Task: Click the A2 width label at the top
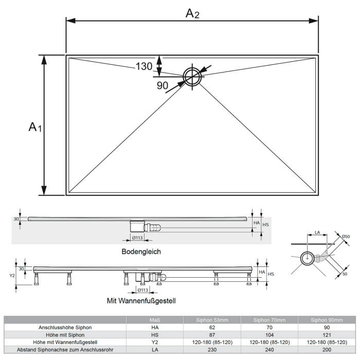[192, 13]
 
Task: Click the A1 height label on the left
[34, 126]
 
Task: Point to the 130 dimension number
[144, 66]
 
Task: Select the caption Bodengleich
[141, 251]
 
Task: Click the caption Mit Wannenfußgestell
[141, 300]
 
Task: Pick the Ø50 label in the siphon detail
[346, 237]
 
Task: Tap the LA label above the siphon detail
[317, 232]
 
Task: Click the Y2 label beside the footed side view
[13, 275]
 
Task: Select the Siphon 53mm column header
[212, 320]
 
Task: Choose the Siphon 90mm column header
[327, 320]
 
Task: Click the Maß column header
[155, 320]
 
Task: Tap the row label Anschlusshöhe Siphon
[65, 327]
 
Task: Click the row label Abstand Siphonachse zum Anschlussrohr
[65, 349]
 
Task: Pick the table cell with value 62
[212, 327]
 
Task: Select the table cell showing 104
[269, 334]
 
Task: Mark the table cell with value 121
[327, 334]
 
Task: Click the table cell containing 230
[212, 349]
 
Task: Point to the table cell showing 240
[269, 349]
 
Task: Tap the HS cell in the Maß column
[155, 334]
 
